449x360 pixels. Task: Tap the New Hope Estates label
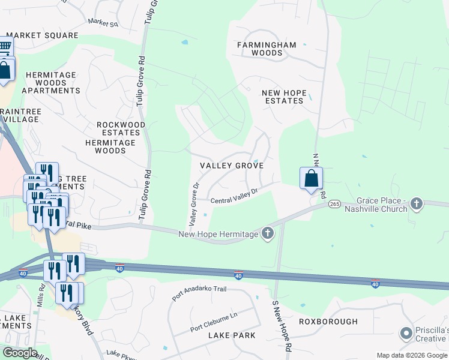pos(284,97)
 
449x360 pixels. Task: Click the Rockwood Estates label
pos(121,128)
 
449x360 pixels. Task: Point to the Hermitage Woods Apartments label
pos(51,83)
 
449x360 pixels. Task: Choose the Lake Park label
pos(232,335)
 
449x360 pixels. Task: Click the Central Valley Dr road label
pos(234,196)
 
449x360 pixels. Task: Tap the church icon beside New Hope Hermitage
pos(267,233)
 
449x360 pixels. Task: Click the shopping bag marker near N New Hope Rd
pos(311,178)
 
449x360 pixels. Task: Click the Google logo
pos(19,353)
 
